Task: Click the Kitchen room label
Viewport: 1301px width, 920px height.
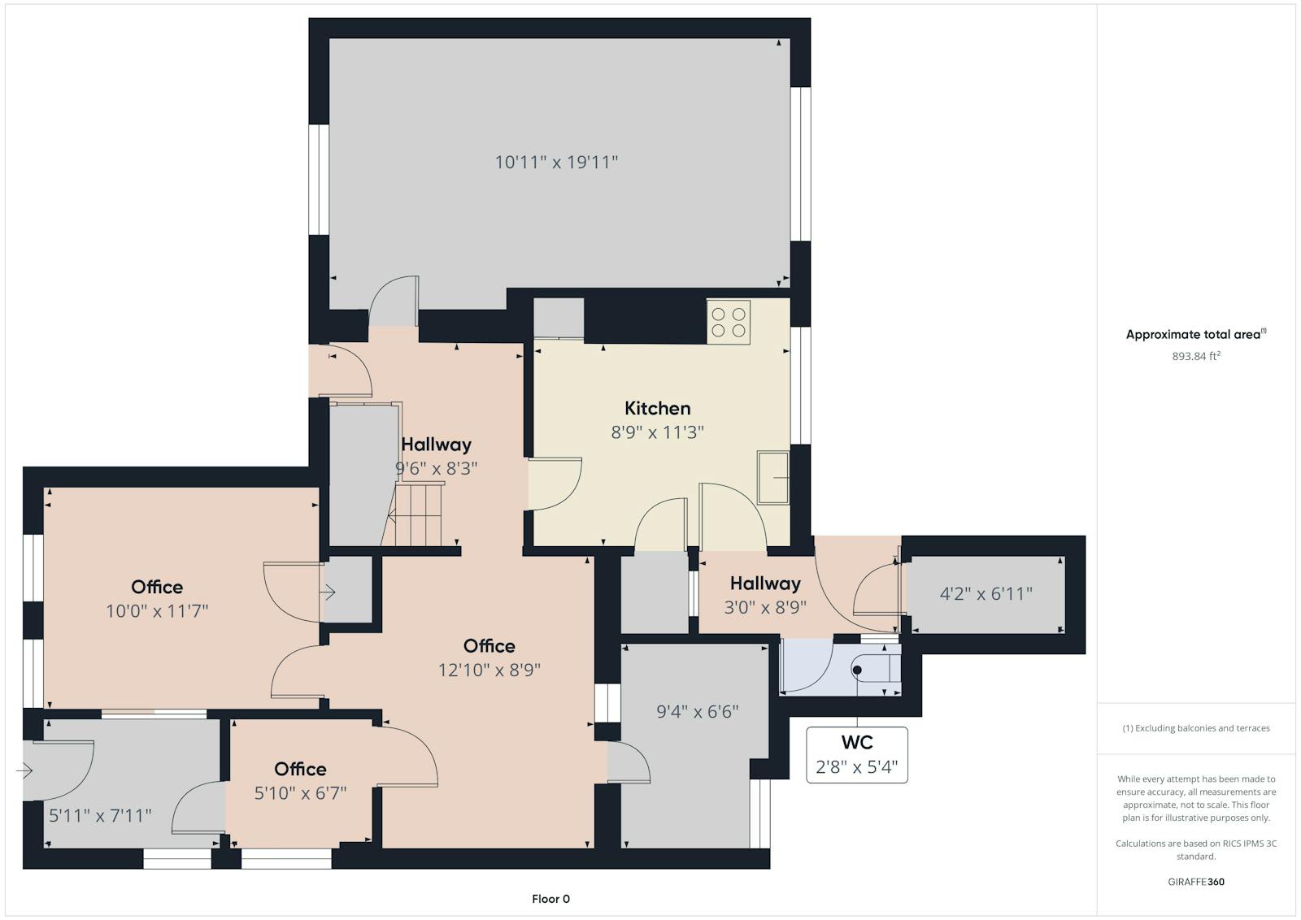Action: pyautogui.click(x=658, y=408)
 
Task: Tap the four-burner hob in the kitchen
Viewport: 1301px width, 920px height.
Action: pyautogui.click(x=729, y=322)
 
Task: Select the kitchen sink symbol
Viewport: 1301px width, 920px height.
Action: pyautogui.click(x=773, y=477)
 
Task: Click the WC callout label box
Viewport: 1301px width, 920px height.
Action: pyautogui.click(x=857, y=754)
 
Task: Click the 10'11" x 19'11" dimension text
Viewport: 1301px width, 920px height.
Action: pyautogui.click(x=556, y=162)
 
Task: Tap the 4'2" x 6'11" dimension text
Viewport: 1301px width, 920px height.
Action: pyautogui.click(x=986, y=594)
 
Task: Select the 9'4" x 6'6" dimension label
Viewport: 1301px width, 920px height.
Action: pyautogui.click(x=698, y=712)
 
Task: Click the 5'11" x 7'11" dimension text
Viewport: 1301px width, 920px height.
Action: pyautogui.click(x=100, y=815)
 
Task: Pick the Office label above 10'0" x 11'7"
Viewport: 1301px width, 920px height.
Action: pyautogui.click(x=157, y=587)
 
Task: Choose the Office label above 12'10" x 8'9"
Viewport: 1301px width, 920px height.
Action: pyautogui.click(x=489, y=646)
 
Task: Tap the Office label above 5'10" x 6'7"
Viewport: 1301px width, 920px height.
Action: pyautogui.click(x=300, y=769)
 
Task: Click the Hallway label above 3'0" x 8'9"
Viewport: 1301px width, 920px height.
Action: pyautogui.click(x=765, y=584)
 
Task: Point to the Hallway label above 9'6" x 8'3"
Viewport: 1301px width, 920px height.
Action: pyautogui.click(x=436, y=445)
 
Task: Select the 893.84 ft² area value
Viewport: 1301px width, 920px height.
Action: pyautogui.click(x=1196, y=356)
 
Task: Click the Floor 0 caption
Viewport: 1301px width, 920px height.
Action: pyautogui.click(x=550, y=899)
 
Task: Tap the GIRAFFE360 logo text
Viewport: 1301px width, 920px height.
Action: pyautogui.click(x=1196, y=882)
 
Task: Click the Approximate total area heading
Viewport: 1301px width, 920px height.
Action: pyautogui.click(x=1196, y=334)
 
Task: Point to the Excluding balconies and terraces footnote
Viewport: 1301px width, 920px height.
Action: pyautogui.click(x=1196, y=728)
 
